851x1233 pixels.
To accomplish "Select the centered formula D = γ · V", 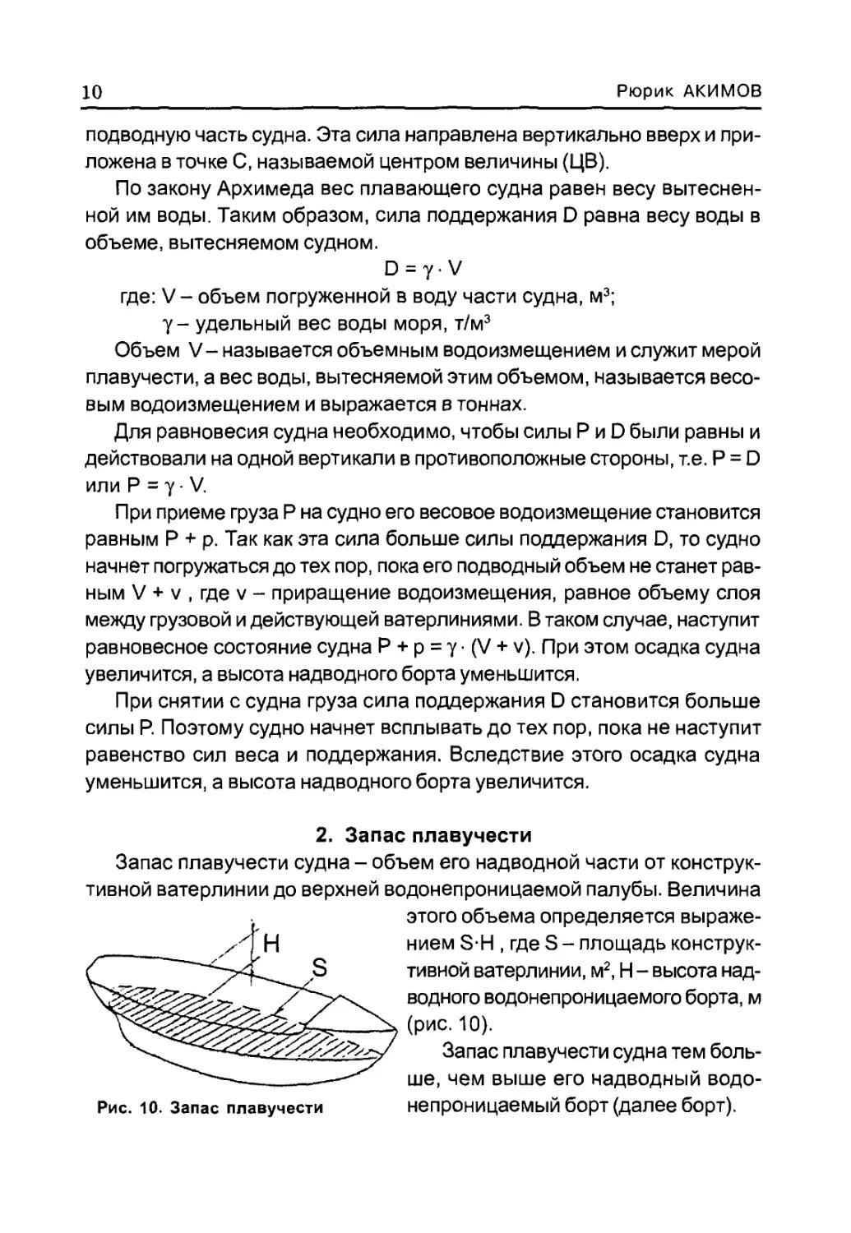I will tap(423, 269).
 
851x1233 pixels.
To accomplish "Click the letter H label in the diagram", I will tap(271, 944).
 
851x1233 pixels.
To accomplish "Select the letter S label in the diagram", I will tap(320, 968).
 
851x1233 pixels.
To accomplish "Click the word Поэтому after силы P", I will tap(203, 728).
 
